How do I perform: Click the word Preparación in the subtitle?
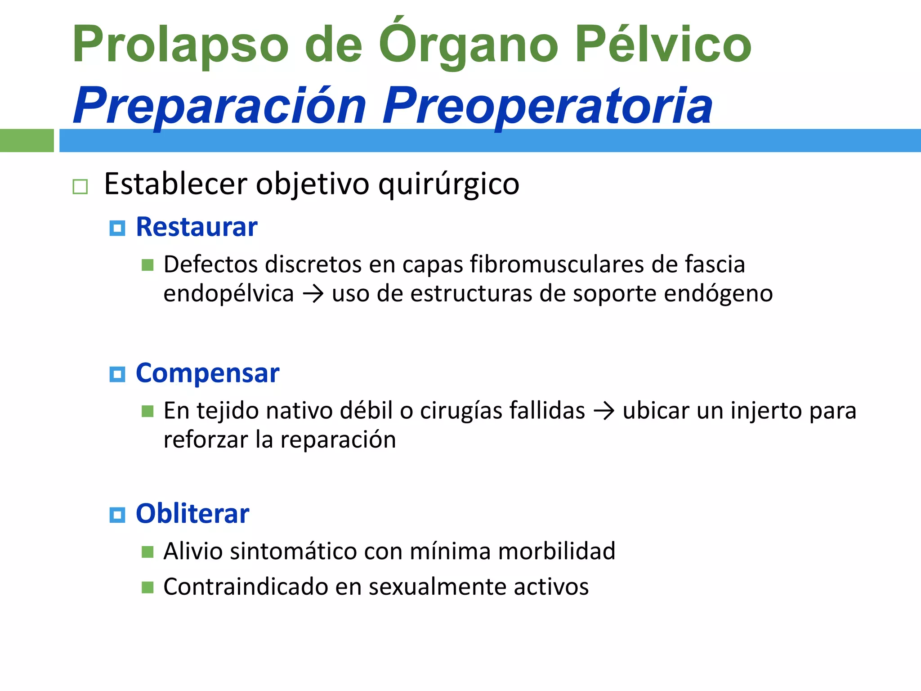[220, 107]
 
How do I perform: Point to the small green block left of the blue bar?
[27, 140]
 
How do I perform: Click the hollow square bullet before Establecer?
[80, 186]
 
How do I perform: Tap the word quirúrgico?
[448, 184]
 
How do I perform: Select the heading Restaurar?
[197, 227]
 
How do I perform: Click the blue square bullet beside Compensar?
[117, 374]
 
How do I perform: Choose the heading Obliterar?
[192, 514]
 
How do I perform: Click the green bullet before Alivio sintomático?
[148, 552]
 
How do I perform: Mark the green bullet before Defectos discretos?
[148, 265]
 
